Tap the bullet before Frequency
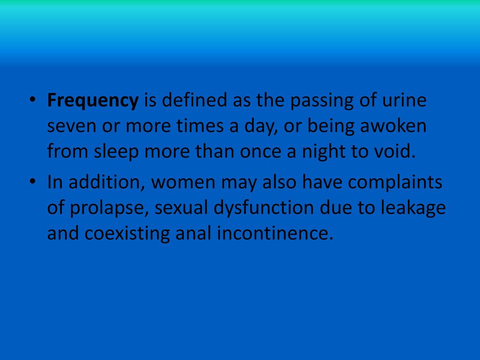coord(32,99)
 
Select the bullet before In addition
coord(32,181)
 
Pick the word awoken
coord(393,126)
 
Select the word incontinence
coord(275,233)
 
